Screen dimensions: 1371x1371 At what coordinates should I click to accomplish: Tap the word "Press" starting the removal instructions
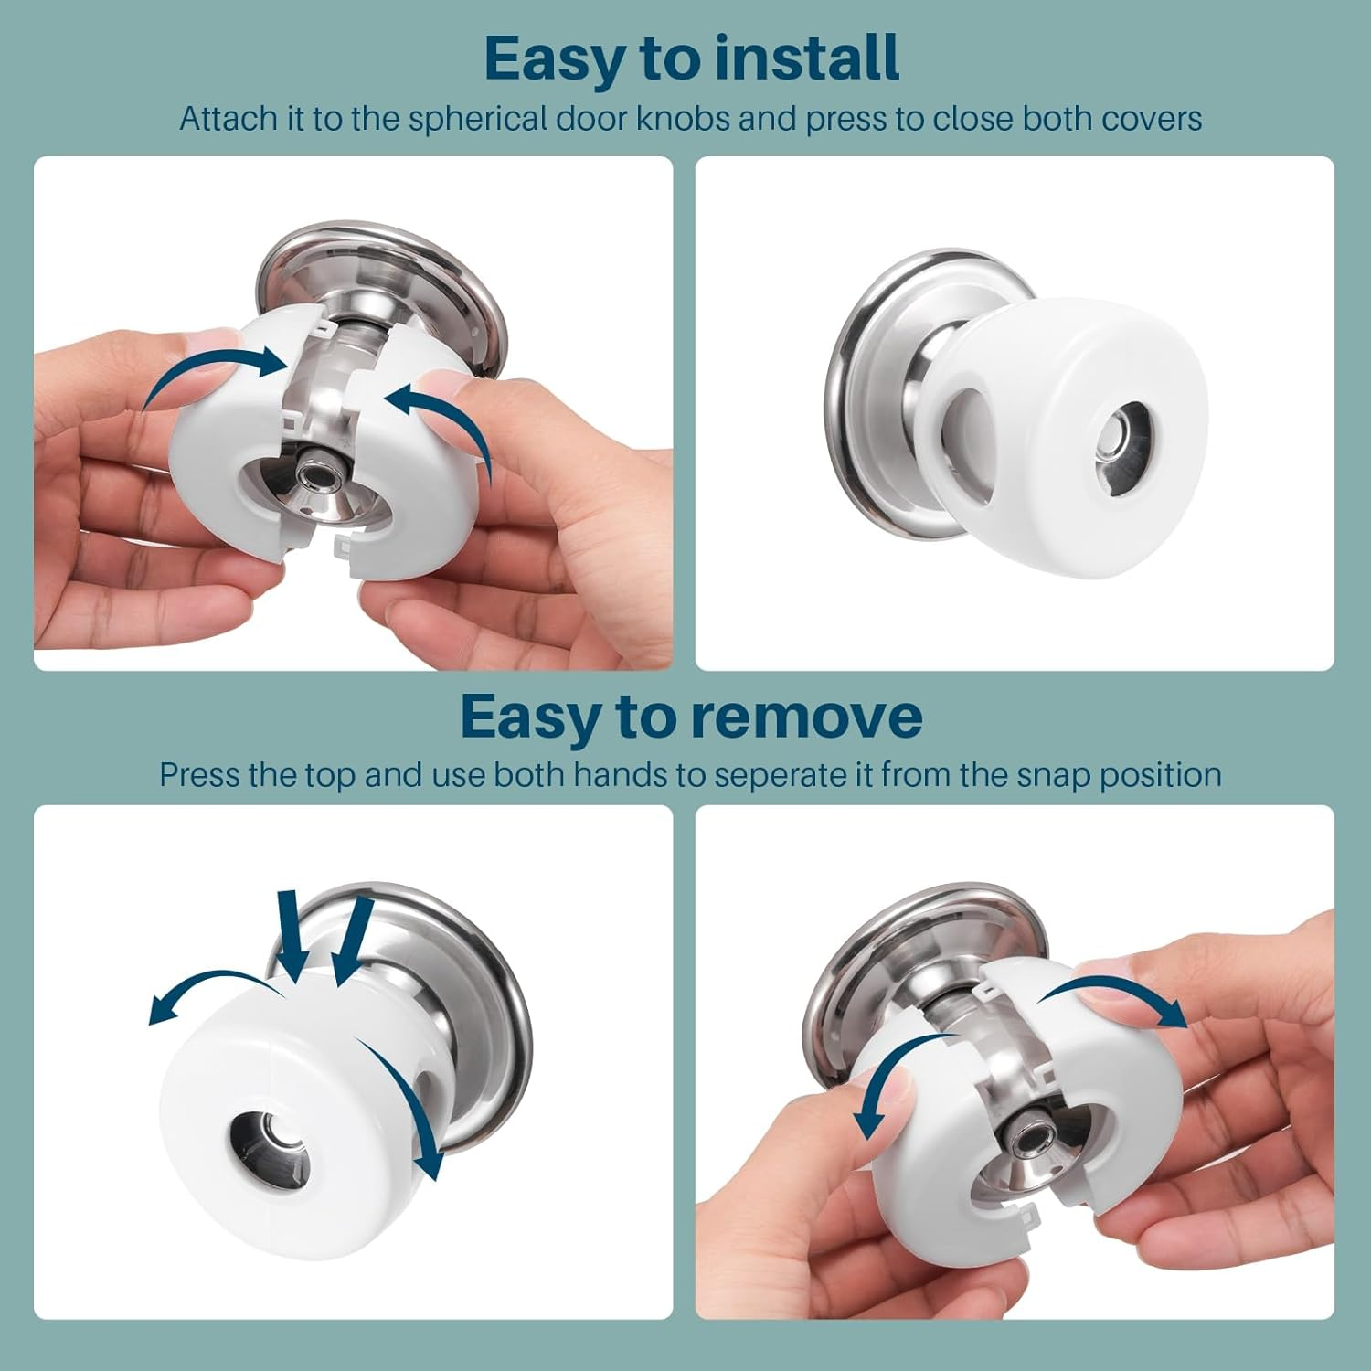coord(201,775)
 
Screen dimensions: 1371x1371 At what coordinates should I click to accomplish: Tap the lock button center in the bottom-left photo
coord(270,1140)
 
